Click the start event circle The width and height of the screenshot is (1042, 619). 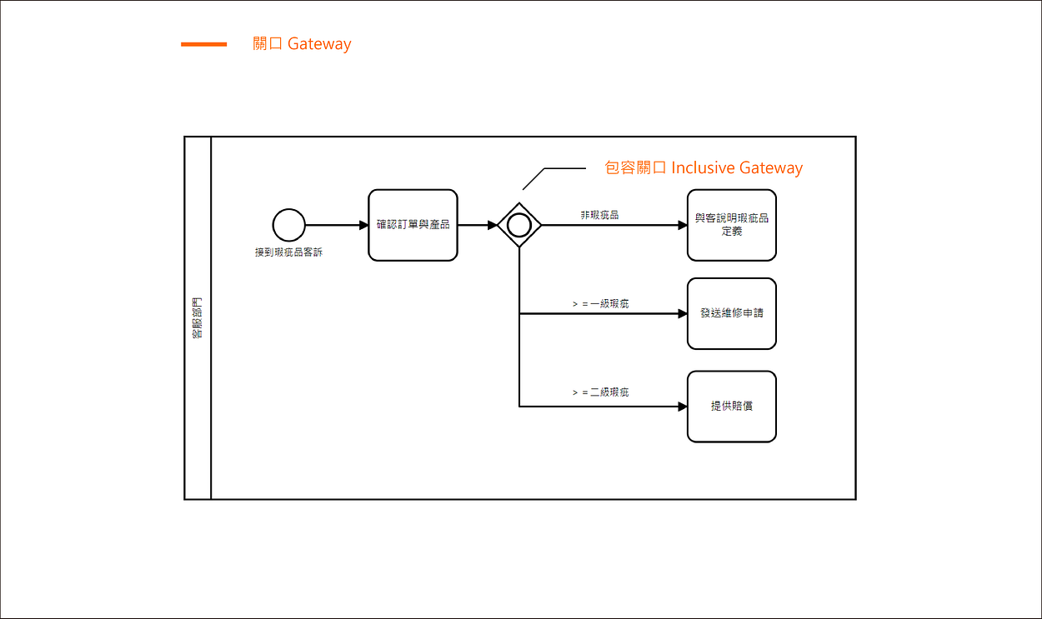tap(288, 225)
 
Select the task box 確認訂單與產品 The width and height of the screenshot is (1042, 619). tap(413, 225)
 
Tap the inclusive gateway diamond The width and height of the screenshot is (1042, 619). tap(519, 225)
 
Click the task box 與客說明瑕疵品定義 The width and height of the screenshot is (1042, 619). tap(732, 225)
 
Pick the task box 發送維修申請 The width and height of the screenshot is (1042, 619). tap(732, 314)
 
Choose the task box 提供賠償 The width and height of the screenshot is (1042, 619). tap(732, 407)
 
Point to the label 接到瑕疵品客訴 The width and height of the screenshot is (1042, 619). tap(288, 252)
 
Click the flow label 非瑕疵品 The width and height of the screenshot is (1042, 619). tap(599, 215)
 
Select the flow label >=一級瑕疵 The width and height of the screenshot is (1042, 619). tap(600, 304)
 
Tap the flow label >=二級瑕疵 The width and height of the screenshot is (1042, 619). tap(600, 392)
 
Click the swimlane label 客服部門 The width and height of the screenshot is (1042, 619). tap(198, 318)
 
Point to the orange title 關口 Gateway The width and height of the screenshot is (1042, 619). tap(302, 44)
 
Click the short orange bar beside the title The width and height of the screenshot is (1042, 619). tap(203, 44)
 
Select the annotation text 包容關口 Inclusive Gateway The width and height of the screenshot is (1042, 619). tap(703, 168)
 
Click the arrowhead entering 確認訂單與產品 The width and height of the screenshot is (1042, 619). tap(363, 225)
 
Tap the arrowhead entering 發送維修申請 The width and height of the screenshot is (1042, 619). tap(683, 314)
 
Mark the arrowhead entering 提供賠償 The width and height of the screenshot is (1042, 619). tap(683, 407)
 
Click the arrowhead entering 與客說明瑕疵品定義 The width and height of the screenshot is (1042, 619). tap(683, 225)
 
